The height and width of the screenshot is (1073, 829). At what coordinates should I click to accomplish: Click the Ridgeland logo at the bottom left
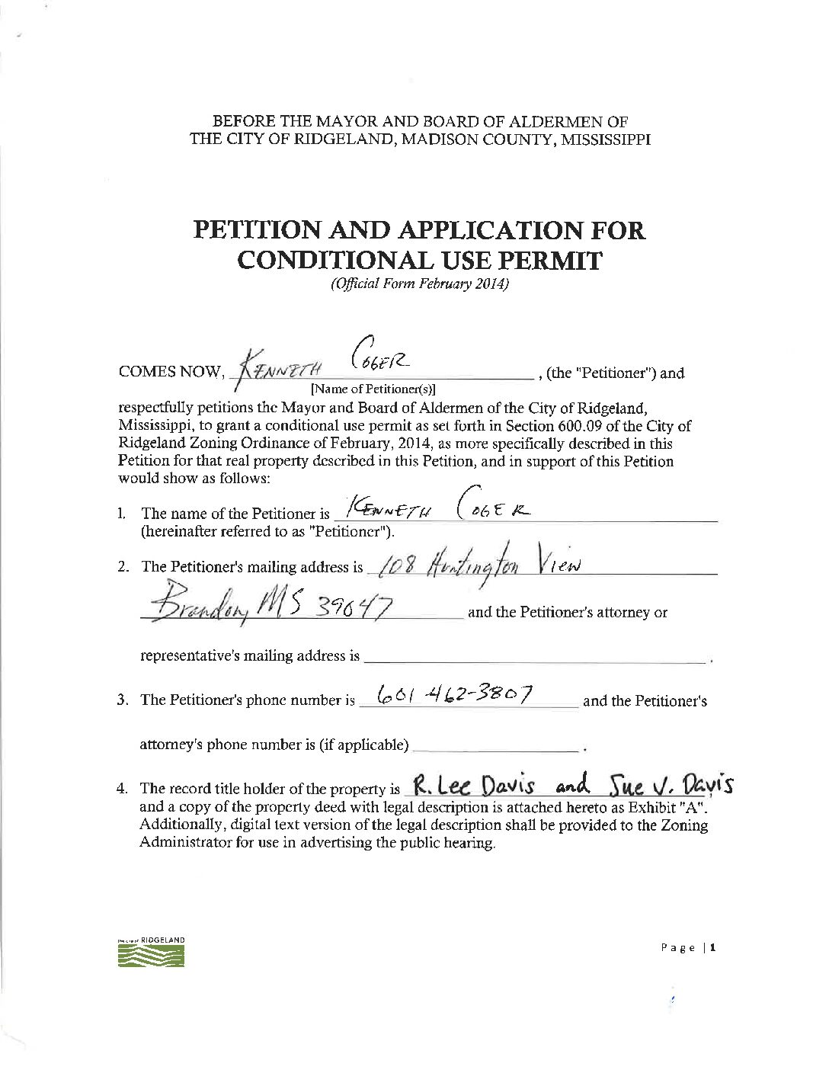(152, 950)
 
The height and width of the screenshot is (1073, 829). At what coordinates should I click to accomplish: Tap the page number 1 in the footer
(713, 948)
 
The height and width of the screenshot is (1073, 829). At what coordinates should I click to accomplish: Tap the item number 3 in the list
(122, 700)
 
